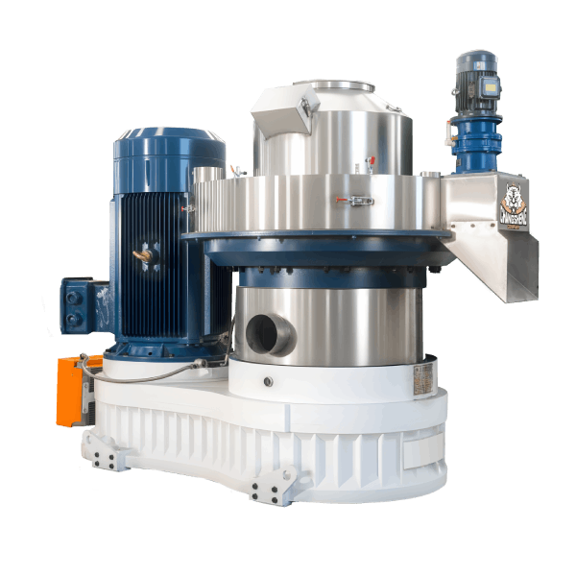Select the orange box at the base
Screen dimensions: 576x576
[70, 389]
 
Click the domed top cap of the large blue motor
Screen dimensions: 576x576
[169, 144]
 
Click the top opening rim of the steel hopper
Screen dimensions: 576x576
[331, 86]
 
